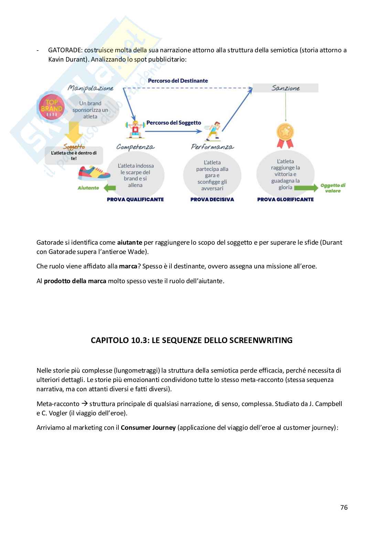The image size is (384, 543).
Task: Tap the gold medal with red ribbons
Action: pos(285,134)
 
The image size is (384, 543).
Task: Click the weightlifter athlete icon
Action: pos(135,129)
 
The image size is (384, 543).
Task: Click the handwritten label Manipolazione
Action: pos(90,88)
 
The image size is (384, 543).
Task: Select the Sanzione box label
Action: pos(286,88)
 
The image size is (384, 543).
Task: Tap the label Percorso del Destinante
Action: pos(178,81)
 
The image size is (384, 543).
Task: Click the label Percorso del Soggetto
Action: pos(174,123)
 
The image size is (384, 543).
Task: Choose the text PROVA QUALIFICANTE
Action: pos(135,199)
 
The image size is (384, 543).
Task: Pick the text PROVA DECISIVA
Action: pos(212,199)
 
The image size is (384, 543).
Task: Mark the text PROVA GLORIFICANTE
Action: pos(285,199)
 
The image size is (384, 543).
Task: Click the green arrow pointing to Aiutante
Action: pos(110,188)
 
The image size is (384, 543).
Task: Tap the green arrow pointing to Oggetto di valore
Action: pos(306,188)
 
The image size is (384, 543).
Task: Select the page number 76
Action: pos(344,507)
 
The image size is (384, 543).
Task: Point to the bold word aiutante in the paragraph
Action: pos(129,242)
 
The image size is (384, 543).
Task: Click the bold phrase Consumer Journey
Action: pos(148,428)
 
